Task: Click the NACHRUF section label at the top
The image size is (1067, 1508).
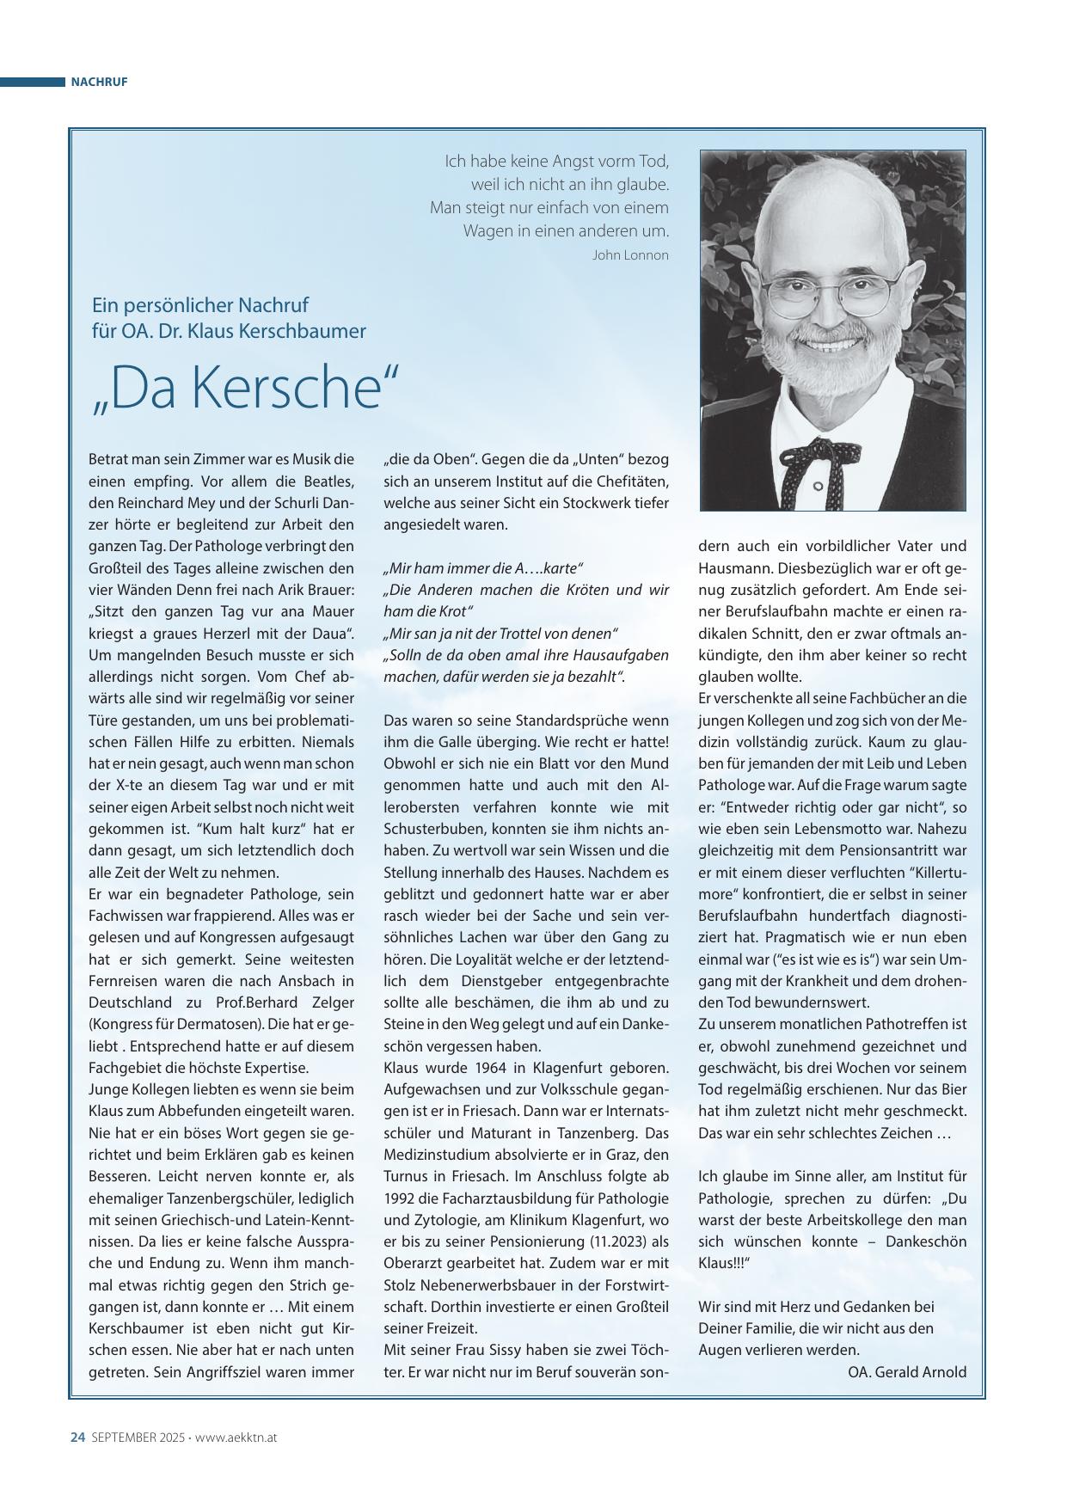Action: (99, 83)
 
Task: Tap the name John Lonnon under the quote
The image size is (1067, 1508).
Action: (630, 255)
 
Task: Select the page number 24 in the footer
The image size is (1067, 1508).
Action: (77, 1438)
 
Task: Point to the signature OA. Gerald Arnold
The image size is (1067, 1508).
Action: (907, 1371)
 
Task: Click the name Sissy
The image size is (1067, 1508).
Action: (503, 1350)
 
